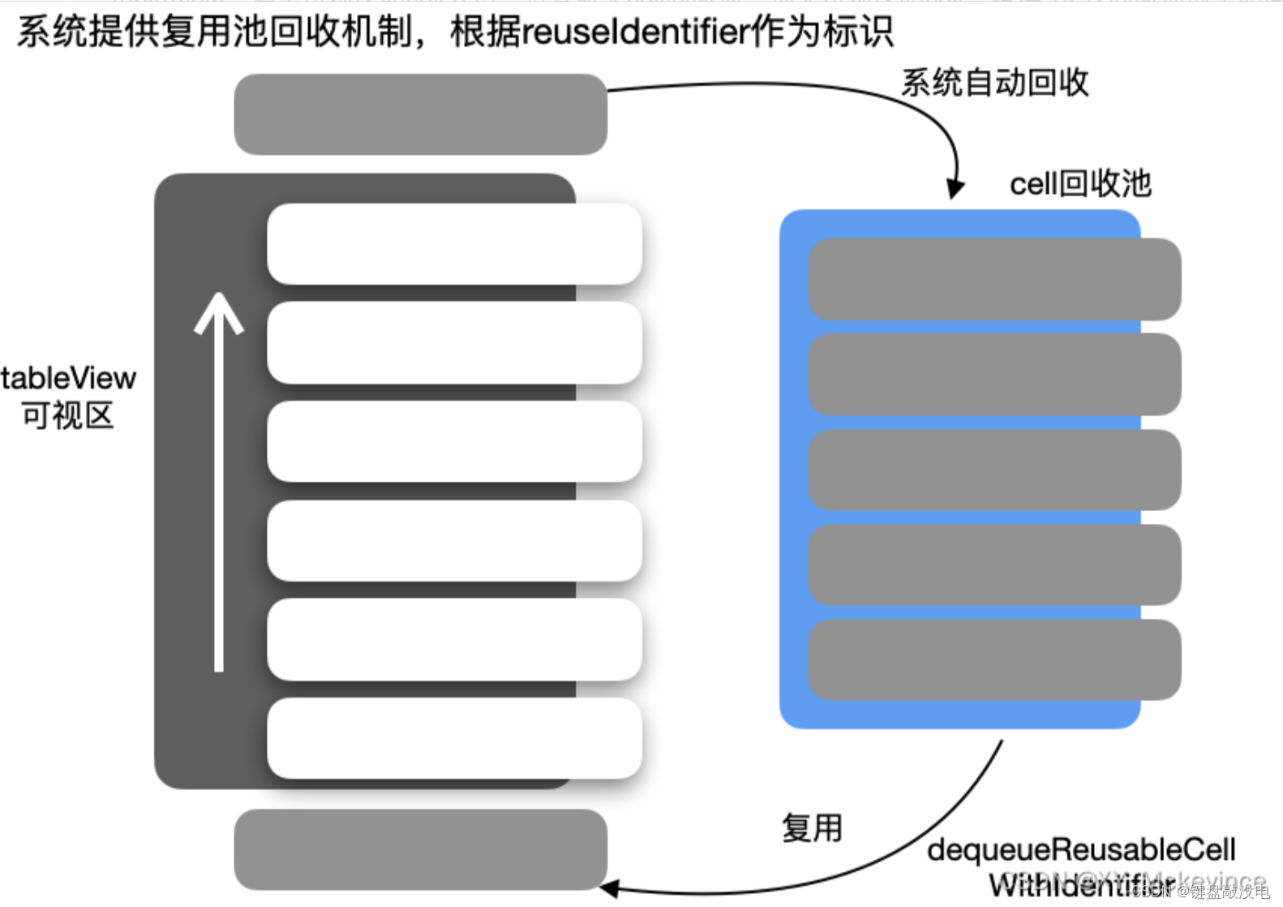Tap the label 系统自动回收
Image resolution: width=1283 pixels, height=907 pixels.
click(x=994, y=83)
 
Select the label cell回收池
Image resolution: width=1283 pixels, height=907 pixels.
click(x=1079, y=184)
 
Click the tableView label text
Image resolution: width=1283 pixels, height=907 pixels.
click(x=69, y=378)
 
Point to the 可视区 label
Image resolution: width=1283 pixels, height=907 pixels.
click(x=68, y=416)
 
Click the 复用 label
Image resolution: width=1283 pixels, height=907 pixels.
click(x=812, y=828)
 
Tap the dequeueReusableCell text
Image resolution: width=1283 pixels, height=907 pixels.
click(x=1081, y=850)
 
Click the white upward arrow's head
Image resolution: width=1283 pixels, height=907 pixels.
click(x=219, y=310)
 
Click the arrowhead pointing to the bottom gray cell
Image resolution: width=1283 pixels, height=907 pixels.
click(x=610, y=888)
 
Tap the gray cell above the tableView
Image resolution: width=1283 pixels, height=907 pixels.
click(x=420, y=114)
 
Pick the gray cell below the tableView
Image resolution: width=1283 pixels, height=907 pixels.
click(x=420, y=849)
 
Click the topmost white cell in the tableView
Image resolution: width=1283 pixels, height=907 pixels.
click(x=454, y=243)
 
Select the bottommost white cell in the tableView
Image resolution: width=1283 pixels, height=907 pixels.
click(x=454, y=737)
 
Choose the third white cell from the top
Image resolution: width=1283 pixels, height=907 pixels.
click(x=454, y=441)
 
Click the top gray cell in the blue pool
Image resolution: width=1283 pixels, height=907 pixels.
click(x=994, y=279)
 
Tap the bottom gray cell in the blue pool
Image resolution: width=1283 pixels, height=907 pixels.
click(x=994, y=660)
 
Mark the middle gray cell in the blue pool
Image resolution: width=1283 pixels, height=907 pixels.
click(x=994, y=470)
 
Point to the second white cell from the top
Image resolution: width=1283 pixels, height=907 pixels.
click(x=454, y=342)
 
